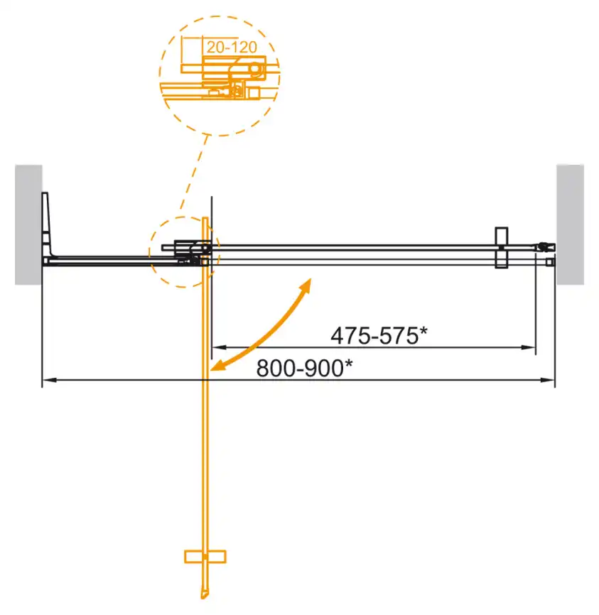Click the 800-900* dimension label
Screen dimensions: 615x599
click(304, 369)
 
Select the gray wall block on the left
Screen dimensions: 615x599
click(28, 224)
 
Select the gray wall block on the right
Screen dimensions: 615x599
click(570, 224)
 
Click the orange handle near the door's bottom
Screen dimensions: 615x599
click(205, 556)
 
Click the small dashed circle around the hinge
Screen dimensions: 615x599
click(183, 252)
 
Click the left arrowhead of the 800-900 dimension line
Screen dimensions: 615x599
click(46, 381)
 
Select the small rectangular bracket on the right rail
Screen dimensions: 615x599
click(501, 247)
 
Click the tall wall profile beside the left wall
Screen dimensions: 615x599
click(48, 224)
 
